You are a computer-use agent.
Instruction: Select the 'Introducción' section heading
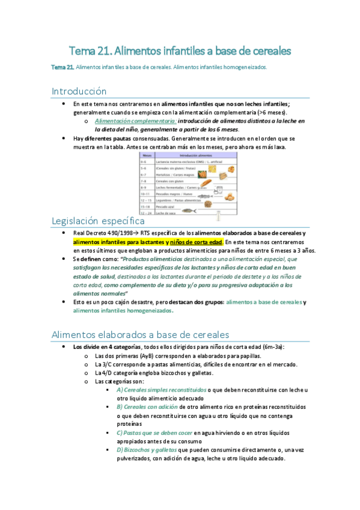tap(79, 91)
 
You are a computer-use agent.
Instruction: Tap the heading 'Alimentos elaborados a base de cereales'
tap(141, 334)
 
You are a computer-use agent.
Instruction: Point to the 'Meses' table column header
tap(146, 155)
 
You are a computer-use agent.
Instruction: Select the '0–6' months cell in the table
tap(145, 162)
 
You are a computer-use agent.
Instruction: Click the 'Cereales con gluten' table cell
tap(172, 180)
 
